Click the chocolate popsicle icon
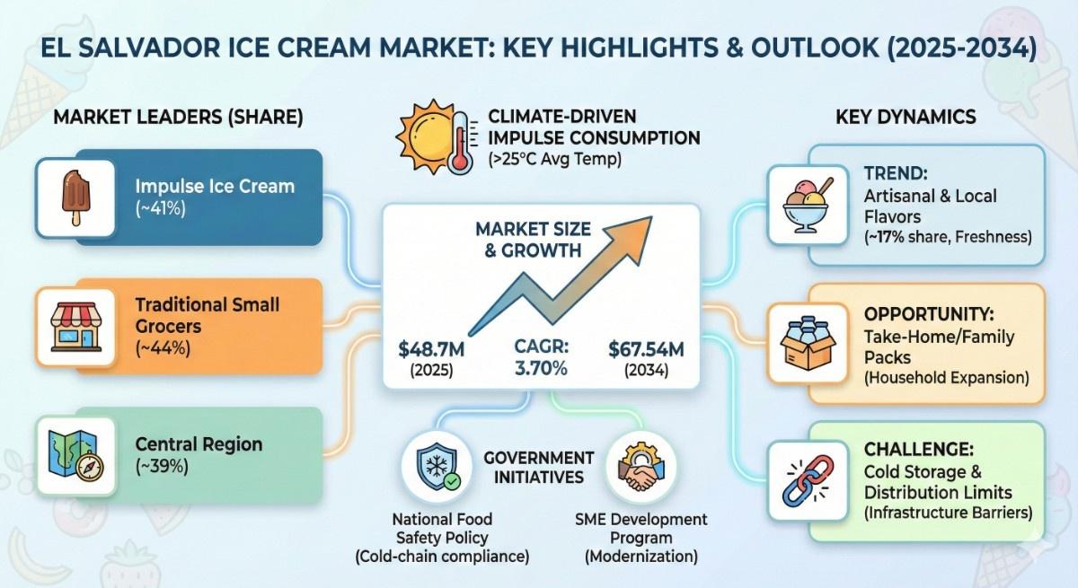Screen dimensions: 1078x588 click(76, 197)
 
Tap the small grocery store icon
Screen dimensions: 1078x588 click(76, 327)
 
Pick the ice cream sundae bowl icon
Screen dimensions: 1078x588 click(807, 206)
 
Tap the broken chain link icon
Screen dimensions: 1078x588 click(808, 481)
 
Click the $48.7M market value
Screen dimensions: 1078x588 click(431, 349)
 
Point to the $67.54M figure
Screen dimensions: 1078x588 click(646, 349)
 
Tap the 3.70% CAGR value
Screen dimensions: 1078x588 click(541, 369)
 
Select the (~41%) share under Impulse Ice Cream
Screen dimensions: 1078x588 click(160, 208)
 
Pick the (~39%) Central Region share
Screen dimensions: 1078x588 click(162, 467)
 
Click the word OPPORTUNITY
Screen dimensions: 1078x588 click(929, 314)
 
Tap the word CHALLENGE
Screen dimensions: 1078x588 click(918, 450)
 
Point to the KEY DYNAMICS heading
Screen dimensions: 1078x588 click(906, 117)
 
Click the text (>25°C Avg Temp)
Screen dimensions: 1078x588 click(554, 159)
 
